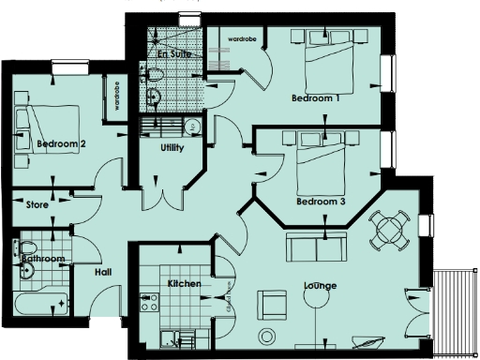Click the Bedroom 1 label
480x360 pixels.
tap(315, 97)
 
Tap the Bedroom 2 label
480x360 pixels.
tap(62, 143)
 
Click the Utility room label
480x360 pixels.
tap(172, 148)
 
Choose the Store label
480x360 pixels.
tap(37, 202)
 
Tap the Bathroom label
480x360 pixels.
tap(42, 257)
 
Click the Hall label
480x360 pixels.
tap(105, 272)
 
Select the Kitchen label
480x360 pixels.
tap(184, 283)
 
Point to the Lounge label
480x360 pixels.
tap(320, 285)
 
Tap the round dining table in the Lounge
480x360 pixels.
tap(388, 227)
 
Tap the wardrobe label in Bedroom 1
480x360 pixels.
tap(237, 39)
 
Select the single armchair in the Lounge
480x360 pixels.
tap(273, 303)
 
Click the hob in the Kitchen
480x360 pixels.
tap(148, 301)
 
